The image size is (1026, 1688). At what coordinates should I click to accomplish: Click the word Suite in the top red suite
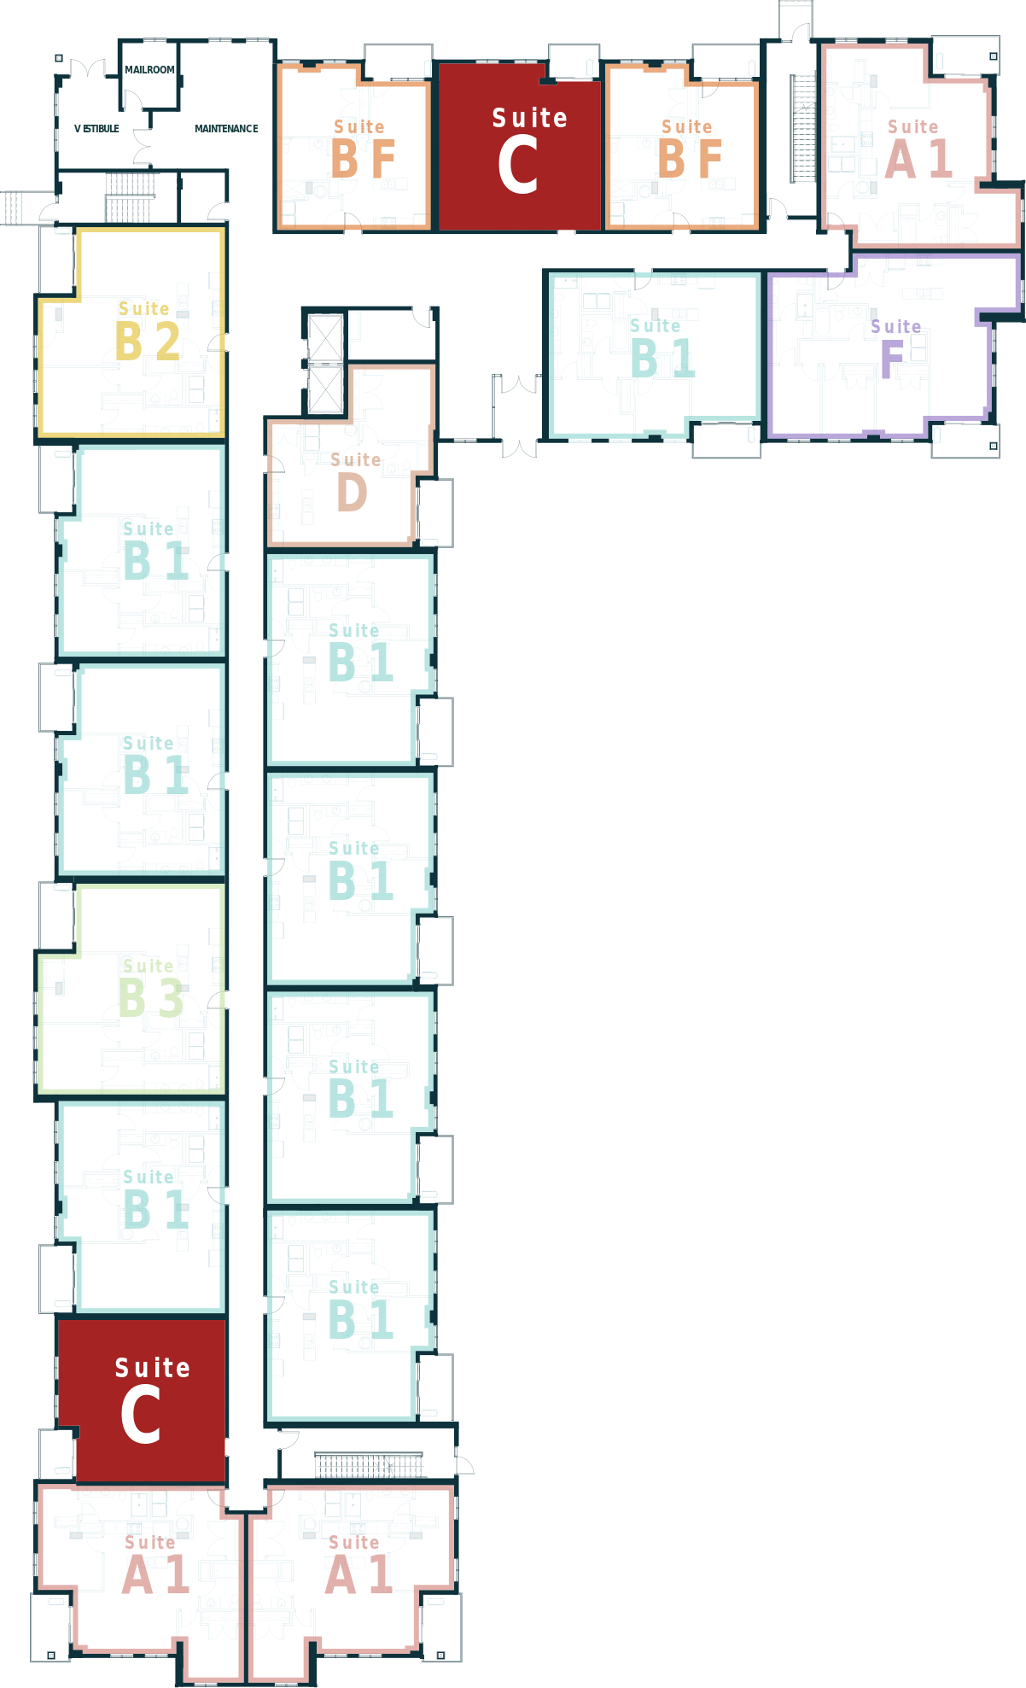pos(529,118)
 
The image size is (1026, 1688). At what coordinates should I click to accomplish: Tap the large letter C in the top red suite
pos(517,166)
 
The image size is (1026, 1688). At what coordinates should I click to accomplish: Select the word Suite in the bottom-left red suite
pos(152,1368)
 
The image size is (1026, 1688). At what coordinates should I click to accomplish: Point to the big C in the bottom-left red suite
pos(140,1416)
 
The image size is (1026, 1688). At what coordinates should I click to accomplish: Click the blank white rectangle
pos(949,1281)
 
